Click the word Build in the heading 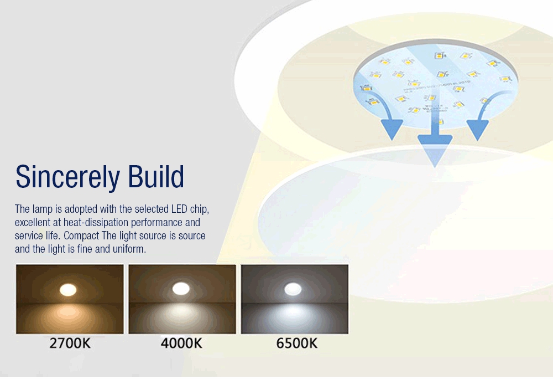point(156,177)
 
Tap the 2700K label point(70,343)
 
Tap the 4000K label point(181,343)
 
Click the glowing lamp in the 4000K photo point(181,288)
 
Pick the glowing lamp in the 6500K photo point(293,289)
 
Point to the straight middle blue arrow point(435,144)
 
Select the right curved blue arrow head point(477,128)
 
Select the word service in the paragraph point(29,236)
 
